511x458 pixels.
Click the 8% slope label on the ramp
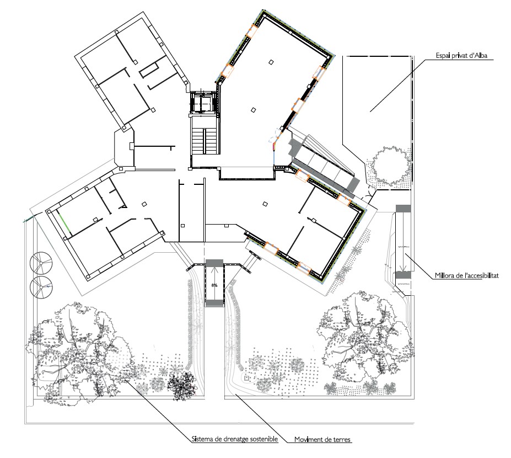pyautogui.click(x=214, y=285)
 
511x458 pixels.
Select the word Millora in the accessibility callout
pyautogui.click(x=445, y=276)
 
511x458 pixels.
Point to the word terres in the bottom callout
pyautogui.click(x=341, y=439)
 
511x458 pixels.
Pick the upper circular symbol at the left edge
pyautogui.click(x=41, y=263)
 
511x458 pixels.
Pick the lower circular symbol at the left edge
pyautogui.click(x=41, y=287)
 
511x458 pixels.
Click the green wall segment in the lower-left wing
pyautogui.click(x=64, y=222)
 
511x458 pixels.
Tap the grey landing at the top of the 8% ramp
pyautogui.click(x=214, y=262)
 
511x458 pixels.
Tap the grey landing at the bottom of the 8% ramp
pyautogui.click(x=214, y=303)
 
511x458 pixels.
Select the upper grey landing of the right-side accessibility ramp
pyautogui.click(x=403, y=209)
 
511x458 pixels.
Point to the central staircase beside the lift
pyautogui.click(x=204, y=141)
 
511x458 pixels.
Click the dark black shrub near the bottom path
pyautogui.click(x=182, y=385)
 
